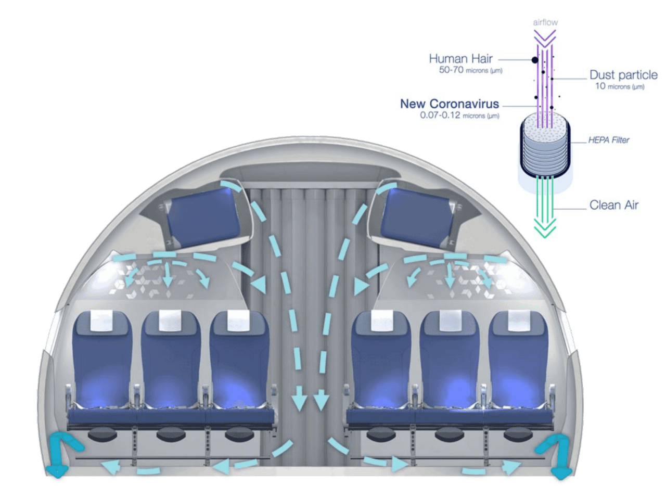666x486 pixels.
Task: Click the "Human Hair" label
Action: click(x=461, y=59)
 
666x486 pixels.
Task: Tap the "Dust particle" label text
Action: click(x=623, y=75)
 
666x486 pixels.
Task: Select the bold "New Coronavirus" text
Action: click(x=449, y=104)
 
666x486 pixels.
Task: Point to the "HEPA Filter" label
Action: click(x=609, y=140)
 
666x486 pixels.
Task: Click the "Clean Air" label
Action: click(x=614, y=205)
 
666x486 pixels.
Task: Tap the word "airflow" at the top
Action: click(x=545, y=22)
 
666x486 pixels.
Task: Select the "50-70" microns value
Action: click(x=451, y=70)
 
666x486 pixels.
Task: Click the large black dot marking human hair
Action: click(x=535, y=60)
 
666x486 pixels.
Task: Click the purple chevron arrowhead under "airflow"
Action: click(x=545, y=39)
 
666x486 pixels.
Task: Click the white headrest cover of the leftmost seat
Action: click(x=101, y=321)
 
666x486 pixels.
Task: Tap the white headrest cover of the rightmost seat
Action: click(x=519, y=321)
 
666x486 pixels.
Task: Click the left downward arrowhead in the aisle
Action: click(x=299, y=403)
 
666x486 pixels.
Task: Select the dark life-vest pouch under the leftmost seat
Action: click(x=103, y=435)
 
